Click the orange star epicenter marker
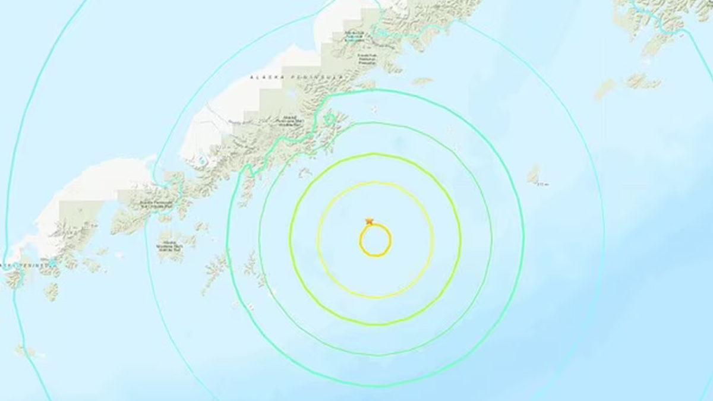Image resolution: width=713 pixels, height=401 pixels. pyautogui.click(x=369, y=222)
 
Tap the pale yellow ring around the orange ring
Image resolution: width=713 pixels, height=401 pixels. pyautogui.click(x=376, y=296)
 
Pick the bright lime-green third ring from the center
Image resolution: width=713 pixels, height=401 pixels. pyautogui.click(x=376, y=324)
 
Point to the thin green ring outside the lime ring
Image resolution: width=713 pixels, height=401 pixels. pyautogui.click(x=376, y=353)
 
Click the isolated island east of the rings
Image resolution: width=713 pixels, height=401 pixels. pyautogui.click(x=533, y=174)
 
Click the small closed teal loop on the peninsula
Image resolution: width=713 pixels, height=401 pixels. pyautogui.click(x=330, y=121)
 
